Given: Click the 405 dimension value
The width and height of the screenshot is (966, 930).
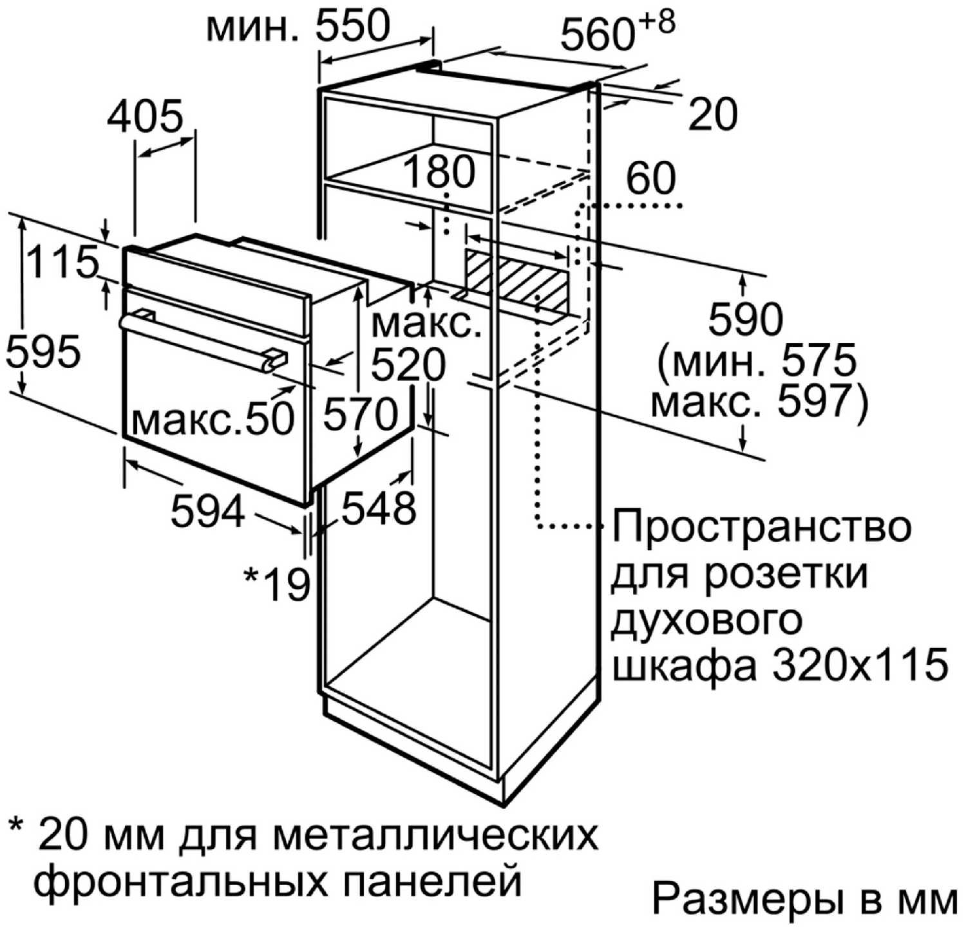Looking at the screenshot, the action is tap(145, 118).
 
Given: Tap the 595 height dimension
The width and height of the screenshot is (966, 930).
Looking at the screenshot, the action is tap(43, 353).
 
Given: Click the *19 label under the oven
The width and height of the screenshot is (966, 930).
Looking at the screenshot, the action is tap(276, 584).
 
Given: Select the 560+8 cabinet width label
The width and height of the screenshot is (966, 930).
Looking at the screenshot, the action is tap(618, 31).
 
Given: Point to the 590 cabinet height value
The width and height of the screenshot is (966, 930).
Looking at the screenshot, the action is tap(746, 320).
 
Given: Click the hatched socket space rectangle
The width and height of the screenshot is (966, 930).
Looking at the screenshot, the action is tap(518, 277).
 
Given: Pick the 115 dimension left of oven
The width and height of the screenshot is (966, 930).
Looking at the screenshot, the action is tap(63, 263).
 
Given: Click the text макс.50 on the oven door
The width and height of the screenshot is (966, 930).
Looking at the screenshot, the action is tap(213, 419).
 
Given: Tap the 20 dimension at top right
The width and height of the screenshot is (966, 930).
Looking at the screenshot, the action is tap(713, 115).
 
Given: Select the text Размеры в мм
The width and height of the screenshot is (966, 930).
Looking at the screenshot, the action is tap(804, 898).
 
